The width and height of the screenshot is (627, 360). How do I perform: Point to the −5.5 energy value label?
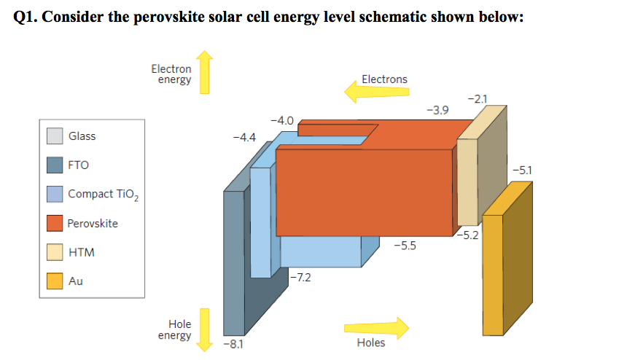coord(405,246)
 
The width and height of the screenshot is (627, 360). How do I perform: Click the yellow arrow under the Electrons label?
coord(376,92)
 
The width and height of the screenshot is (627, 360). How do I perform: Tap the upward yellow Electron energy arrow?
coord(204,73)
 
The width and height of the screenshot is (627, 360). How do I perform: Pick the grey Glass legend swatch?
coord(55,136)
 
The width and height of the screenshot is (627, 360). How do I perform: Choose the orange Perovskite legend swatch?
coord(55,223)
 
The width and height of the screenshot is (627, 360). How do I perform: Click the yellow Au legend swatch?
coord(55,281)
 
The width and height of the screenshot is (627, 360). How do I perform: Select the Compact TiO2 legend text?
coord(97,195)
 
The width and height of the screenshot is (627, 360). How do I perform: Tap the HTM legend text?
coord(81,252)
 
